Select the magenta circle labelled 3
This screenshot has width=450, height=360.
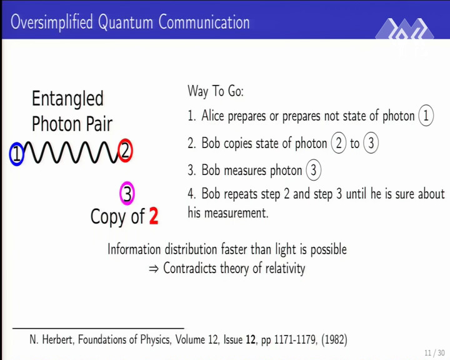point(121,193)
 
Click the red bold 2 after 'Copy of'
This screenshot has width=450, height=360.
point(154,216)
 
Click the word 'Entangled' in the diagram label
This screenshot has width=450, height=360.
point(67,99)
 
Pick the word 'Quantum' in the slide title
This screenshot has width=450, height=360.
point(125,22)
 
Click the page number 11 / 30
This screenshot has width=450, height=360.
point(434,352)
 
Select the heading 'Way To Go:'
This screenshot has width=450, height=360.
point(216,91)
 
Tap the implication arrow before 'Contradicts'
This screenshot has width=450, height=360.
point(154,269)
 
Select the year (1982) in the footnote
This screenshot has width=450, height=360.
point(334,339)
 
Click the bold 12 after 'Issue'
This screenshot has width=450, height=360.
point(250,339)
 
